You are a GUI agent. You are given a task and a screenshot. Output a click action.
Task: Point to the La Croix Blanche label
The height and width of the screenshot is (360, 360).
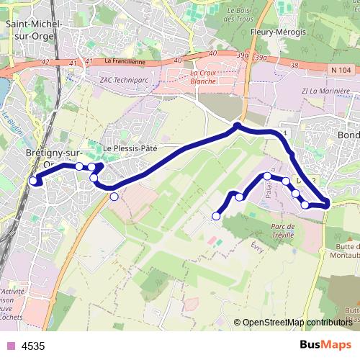coord(203,77)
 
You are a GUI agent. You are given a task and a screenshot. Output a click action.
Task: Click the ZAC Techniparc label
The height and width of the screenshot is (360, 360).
coord(125,78)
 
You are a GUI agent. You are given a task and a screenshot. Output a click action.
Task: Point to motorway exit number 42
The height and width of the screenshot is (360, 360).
coord(45,62)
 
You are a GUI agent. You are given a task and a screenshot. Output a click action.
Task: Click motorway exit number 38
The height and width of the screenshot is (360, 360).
coord(294,66)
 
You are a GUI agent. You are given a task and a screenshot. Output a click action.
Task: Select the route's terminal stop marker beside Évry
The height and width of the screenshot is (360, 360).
coord(216,216)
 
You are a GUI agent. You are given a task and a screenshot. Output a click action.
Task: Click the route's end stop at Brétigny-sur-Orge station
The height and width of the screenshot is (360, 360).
coord(33,181)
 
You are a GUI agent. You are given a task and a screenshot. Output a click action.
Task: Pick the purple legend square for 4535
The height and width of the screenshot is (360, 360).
coord(9,346)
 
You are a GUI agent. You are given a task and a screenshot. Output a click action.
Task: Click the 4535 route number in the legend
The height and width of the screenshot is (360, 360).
coord(33,346)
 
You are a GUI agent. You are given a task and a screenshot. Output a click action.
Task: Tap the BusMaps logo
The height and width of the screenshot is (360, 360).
coord(326,345)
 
